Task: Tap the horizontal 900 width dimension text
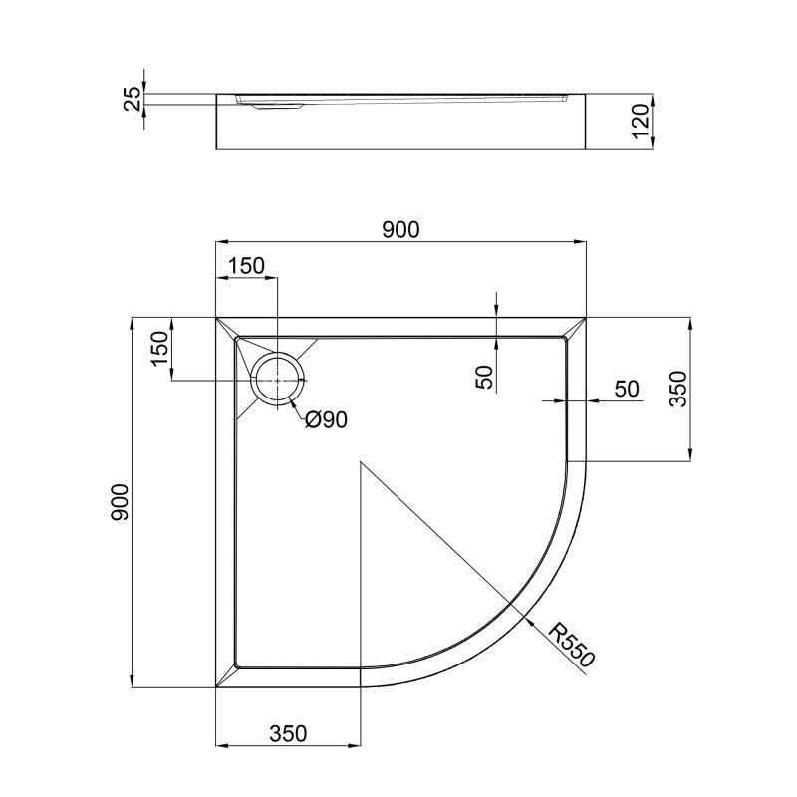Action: (x=400, y=229)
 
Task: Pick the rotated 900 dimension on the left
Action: (x=120, y=503)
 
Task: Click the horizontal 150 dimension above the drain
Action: (x=246, y=265)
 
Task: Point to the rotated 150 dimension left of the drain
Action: (x=159, y=349)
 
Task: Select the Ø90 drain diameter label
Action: (x=326, y=420)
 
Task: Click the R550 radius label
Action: (x=573, y=646)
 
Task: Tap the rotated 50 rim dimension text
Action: (x=484, y=377)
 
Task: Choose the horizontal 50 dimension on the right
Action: (x=626, y=389)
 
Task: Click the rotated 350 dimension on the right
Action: (x=677, y=390)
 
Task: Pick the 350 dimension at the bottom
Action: (x=287, y=734)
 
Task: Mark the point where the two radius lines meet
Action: (x=361, y=462)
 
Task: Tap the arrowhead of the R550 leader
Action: (x=519, y=610)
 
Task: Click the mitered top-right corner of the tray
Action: (x=576, y=328)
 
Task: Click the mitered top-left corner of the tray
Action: (x=226, y=328)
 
